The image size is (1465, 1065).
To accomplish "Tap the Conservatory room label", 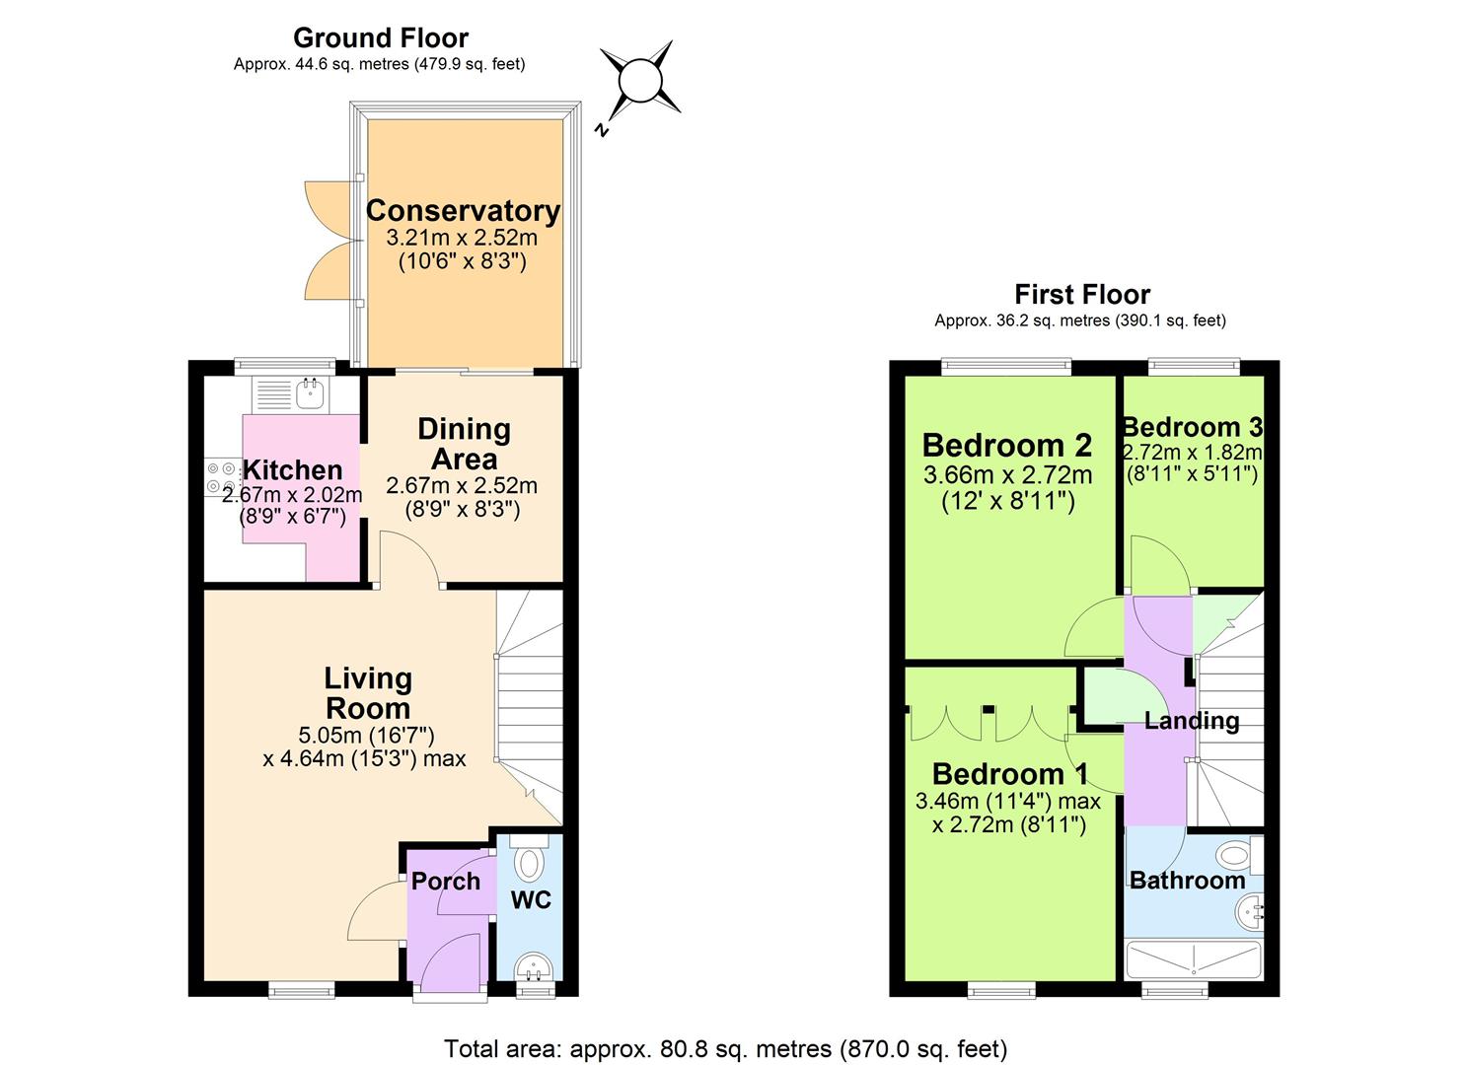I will pos(463,211).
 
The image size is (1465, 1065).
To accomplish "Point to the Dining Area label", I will pos(464,444).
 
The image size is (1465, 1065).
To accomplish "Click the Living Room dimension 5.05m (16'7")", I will pos(366,735).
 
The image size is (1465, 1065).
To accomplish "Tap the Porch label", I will pos(446,881).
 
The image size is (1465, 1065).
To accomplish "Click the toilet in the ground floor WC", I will pos(531,862).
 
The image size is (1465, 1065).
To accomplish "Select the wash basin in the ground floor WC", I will pos(534,966).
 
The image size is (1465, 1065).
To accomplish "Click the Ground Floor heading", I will pos(380,37).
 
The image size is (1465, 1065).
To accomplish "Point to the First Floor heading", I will pos(1081,294).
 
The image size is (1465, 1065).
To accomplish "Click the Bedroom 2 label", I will pos(1006,445).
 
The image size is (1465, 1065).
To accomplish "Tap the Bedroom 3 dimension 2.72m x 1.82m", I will pos(1192,452).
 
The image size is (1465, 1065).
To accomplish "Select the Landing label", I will pos(1192,720).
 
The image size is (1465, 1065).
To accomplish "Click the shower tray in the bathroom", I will pos(1194,959).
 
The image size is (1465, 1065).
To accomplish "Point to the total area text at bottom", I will pos(725,1048).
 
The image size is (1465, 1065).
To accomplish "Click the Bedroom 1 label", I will pos(1008,774).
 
